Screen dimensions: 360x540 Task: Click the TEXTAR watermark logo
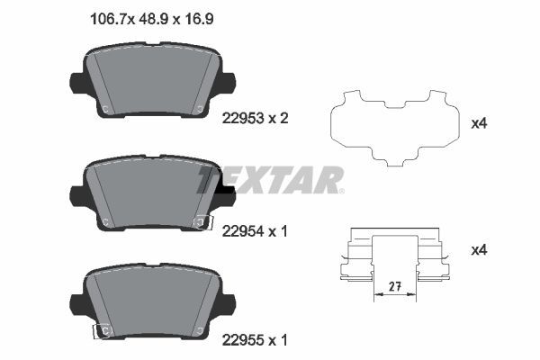270,180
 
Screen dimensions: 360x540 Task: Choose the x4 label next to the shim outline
479,123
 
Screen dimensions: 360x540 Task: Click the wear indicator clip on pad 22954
202,221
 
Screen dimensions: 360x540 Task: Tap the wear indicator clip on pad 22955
102,331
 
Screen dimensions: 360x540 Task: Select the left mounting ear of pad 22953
76,84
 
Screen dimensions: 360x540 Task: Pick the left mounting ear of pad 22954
77,193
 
